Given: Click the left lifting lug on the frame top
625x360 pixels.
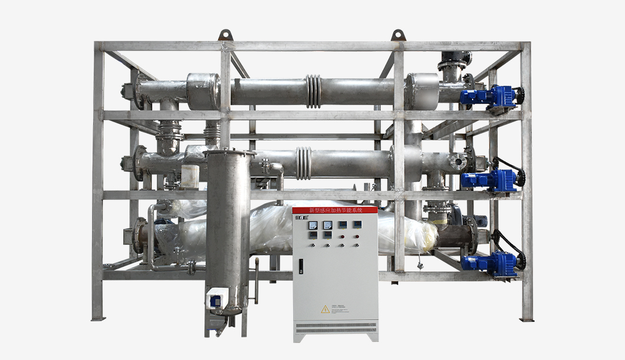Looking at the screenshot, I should click(x=226, y=35).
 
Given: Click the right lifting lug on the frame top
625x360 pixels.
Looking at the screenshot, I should click(x=399, y=35).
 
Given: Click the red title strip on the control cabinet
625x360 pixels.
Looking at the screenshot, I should click(x=335, y=210).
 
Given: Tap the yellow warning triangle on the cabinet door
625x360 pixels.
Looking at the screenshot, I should click(x=325, y=309).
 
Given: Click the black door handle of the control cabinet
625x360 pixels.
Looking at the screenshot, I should click(x=301, y=266).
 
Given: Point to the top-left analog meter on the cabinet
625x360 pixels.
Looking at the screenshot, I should click(x=312, y=225).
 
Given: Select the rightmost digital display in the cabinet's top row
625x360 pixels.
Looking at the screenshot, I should click(x=356, y=224).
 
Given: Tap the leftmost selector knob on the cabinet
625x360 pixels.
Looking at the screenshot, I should click(x=312, y=245).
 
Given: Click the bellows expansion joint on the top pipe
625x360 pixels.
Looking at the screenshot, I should click(x=313, y=91).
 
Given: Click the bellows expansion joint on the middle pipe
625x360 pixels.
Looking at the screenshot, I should click(x=304, y=164).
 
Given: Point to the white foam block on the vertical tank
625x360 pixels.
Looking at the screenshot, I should click(x=190, y=176).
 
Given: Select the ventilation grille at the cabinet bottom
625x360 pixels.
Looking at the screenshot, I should click(x=335, y=328).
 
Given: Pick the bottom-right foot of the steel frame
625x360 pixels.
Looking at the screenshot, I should click(x=527, y=318).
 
